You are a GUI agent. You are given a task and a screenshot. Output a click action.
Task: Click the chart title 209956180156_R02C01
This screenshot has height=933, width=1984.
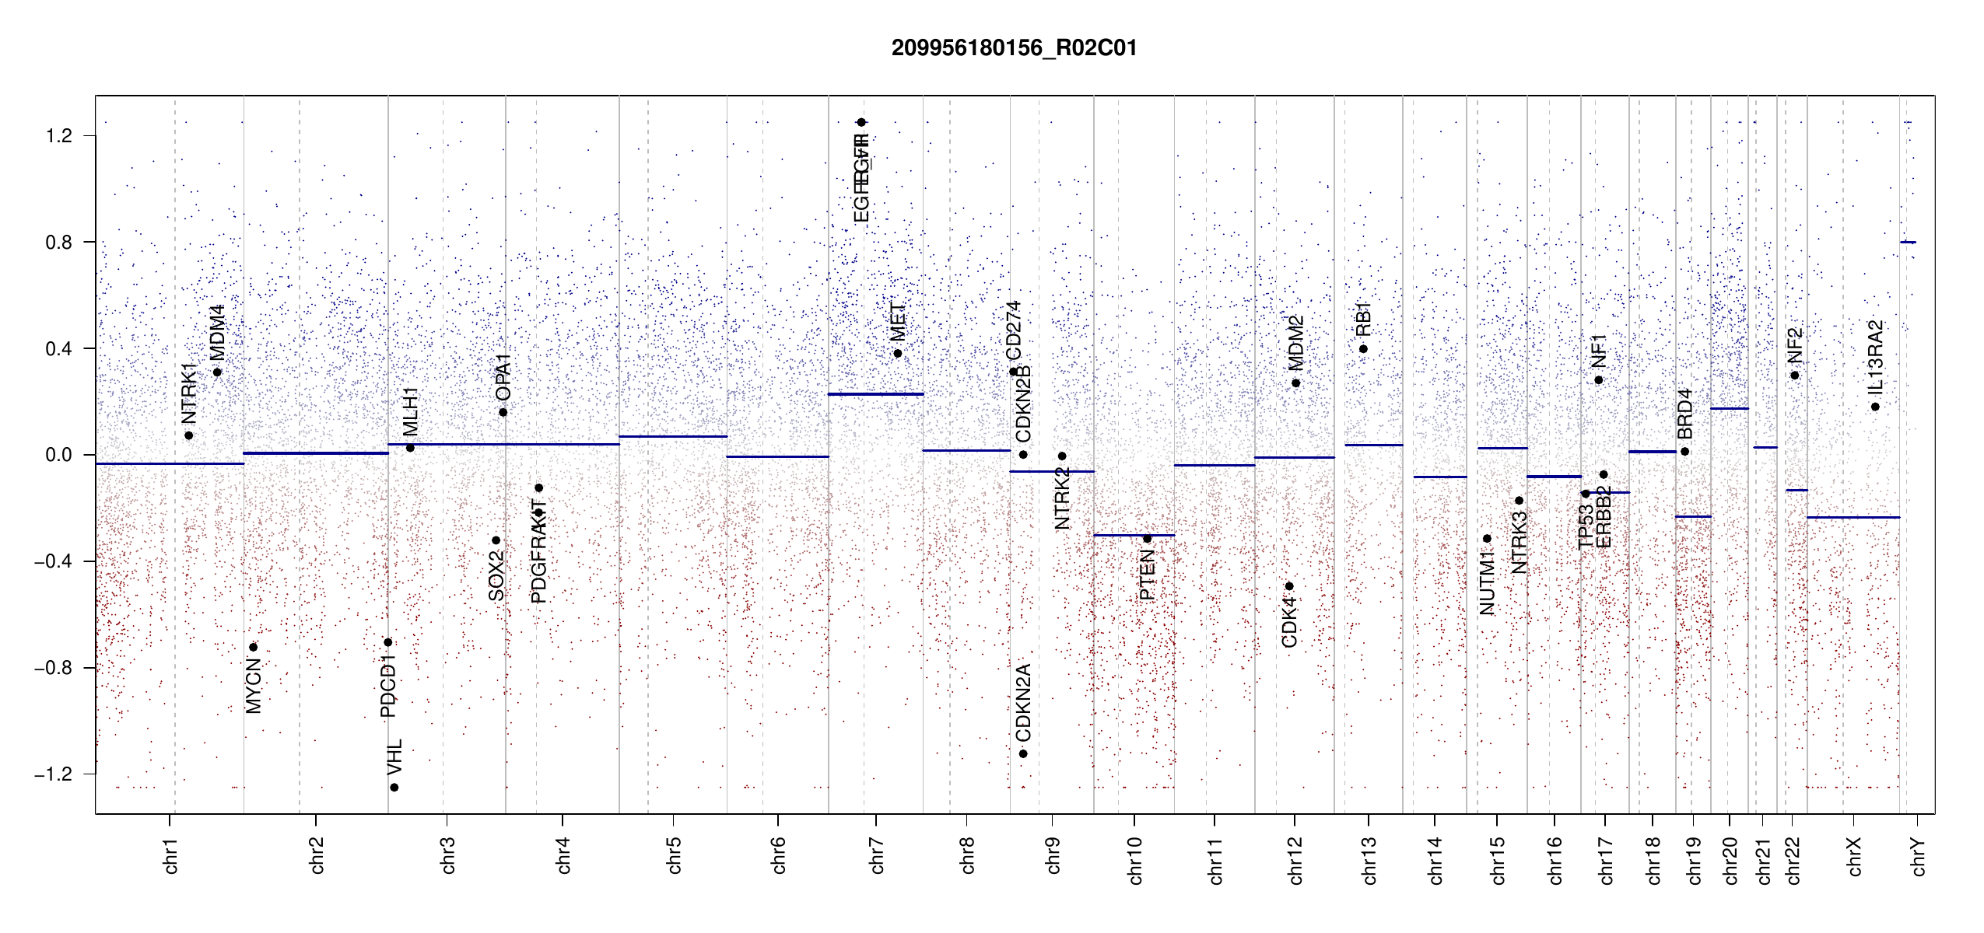1014,48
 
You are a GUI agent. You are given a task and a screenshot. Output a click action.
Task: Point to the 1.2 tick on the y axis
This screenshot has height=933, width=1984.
59,136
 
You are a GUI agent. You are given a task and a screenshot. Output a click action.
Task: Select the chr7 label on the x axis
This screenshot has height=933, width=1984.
877,855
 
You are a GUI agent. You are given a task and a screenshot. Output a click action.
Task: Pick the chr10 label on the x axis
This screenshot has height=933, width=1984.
1135,860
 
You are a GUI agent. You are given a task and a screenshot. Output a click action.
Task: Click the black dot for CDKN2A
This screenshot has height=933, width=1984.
1023,753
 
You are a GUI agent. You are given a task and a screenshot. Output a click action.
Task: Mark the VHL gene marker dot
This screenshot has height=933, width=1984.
394,788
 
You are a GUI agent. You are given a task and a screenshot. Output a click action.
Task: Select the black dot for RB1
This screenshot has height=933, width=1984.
1363,348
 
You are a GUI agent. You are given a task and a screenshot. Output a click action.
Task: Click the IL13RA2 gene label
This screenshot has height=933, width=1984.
1875,356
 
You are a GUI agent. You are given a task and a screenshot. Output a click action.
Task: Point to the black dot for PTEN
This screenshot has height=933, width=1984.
1147,538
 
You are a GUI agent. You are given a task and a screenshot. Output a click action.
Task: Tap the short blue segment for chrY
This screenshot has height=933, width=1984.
1908,242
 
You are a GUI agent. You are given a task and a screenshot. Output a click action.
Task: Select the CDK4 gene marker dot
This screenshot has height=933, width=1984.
1289,586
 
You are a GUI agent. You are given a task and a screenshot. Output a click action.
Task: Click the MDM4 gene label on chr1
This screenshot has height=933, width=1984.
218,333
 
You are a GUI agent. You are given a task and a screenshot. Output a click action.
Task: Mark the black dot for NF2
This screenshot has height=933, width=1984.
1795,376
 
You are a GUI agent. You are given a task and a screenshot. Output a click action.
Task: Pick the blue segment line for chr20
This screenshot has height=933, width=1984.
1729,408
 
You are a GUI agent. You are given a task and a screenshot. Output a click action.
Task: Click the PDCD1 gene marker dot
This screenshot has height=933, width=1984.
388,642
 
